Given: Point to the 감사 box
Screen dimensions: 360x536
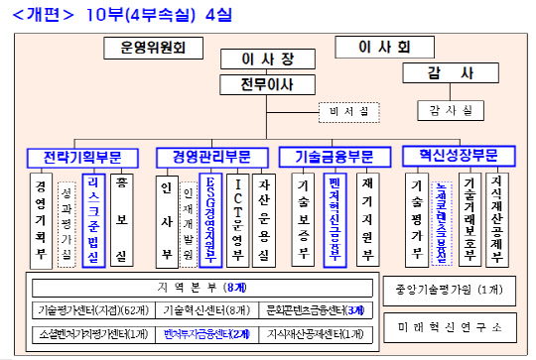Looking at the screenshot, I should pos(448,73).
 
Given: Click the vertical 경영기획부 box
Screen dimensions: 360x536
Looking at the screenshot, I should pos(40,218).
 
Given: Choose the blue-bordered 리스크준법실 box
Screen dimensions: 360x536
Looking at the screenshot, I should pos(92,219).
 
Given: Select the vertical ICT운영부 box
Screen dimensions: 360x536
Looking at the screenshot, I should pos(237,218).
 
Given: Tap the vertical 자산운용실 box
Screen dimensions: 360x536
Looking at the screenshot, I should pos(265,218).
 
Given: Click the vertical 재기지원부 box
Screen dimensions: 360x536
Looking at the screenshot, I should pos(367,218).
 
